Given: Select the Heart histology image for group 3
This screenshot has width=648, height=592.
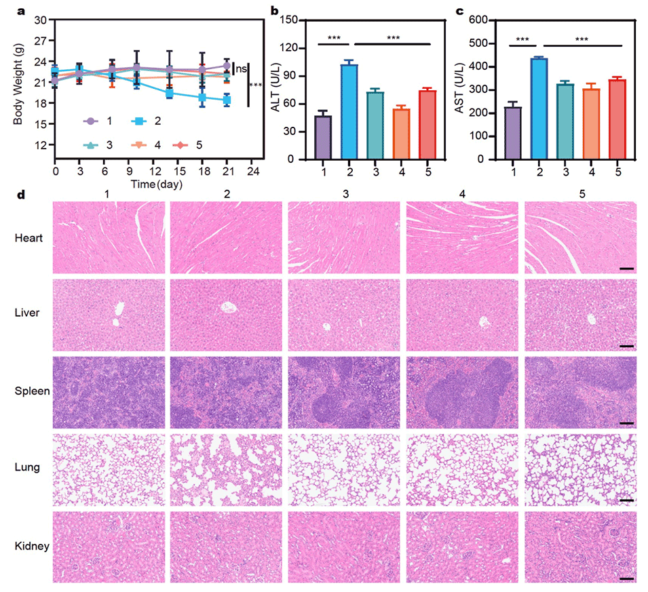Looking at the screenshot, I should tap(344, 237).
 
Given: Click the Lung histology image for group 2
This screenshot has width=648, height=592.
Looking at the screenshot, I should tap(226, 469).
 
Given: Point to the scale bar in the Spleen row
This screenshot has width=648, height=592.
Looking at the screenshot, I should tap(626, 423).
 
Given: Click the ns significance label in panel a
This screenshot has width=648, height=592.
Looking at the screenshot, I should tap(240, 69).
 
